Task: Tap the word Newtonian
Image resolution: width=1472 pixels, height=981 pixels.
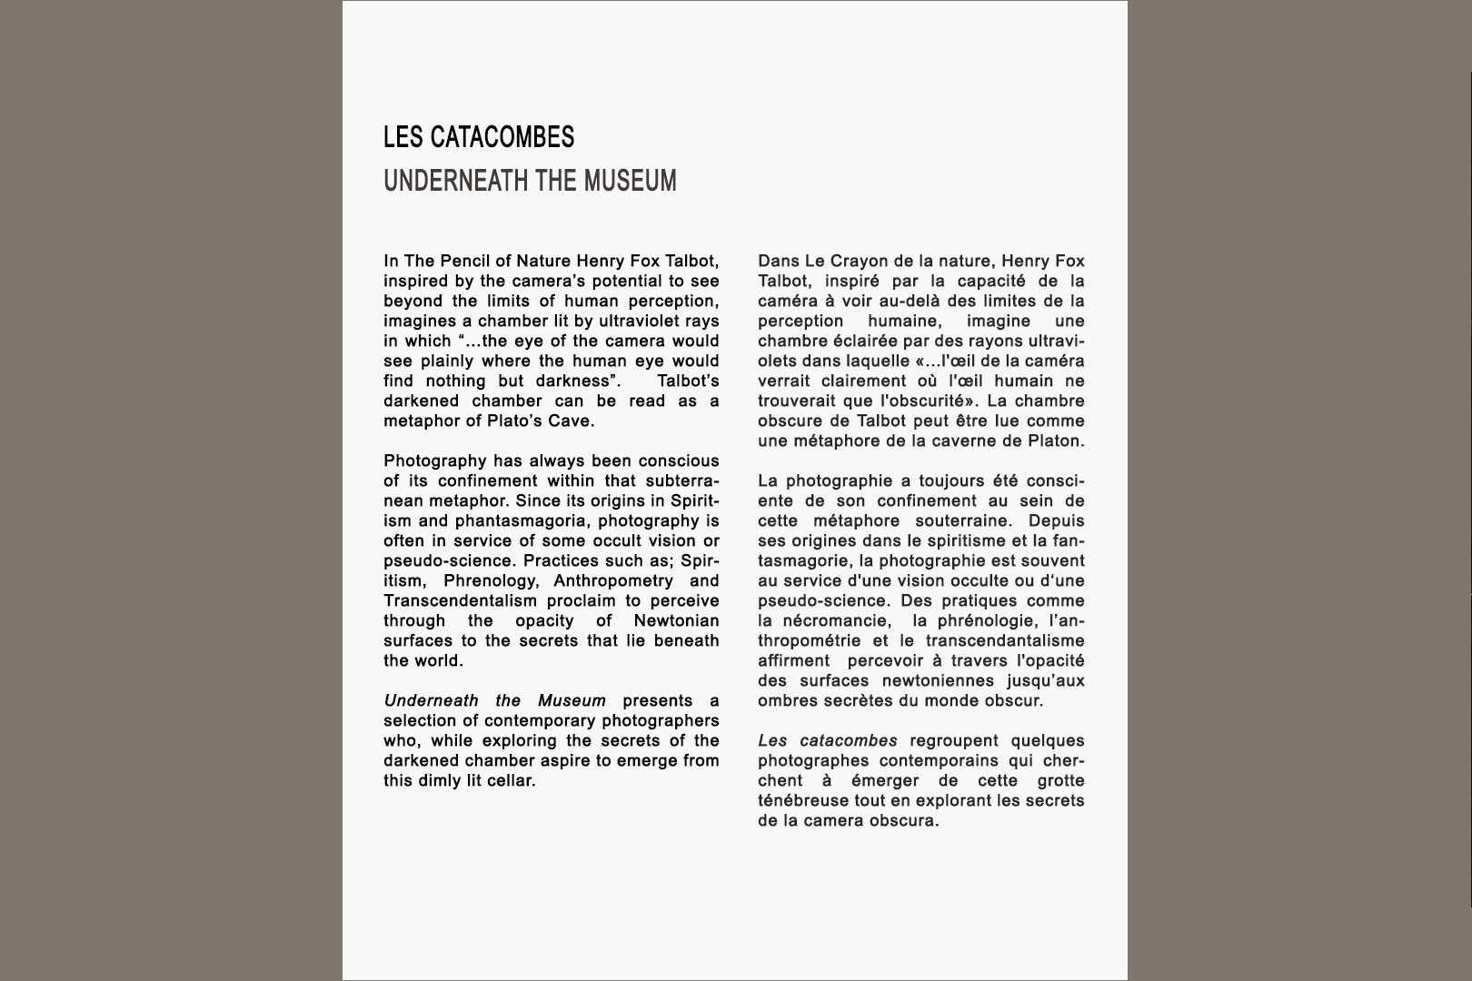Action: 676,621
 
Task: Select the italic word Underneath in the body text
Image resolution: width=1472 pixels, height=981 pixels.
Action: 431,701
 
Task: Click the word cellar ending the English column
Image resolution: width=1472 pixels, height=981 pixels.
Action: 512,781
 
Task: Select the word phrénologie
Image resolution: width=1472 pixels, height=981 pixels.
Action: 987,621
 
